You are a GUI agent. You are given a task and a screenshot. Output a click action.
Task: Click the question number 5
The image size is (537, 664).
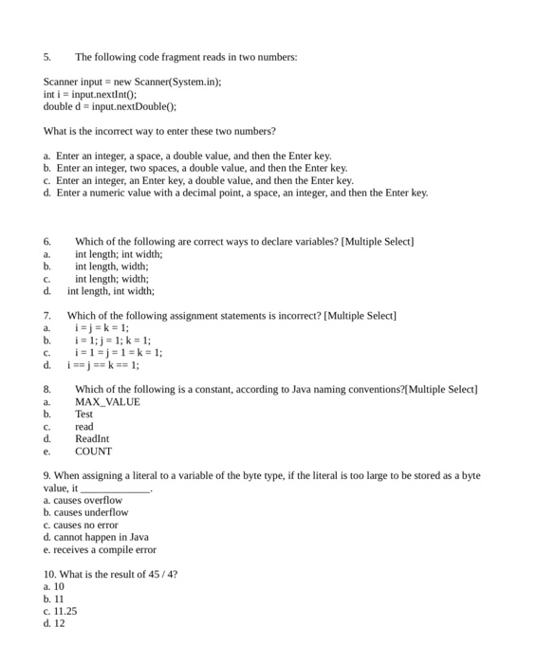pos(47,57)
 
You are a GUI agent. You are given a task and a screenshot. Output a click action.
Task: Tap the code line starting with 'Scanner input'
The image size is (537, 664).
pos(132,83)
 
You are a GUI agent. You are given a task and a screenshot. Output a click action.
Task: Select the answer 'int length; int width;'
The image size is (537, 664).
pos(119,254)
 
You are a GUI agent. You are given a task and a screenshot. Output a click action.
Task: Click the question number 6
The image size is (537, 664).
pos(47,242)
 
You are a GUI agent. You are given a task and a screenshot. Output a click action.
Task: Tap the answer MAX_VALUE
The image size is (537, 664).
pos(107,402)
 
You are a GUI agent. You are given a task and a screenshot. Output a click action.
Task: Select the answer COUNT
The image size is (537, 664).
pos(93,452)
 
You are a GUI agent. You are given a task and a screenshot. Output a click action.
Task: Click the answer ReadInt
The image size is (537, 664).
pos(92,439)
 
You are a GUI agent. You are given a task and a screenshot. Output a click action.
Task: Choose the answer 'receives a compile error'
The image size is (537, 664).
pos(100,550)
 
